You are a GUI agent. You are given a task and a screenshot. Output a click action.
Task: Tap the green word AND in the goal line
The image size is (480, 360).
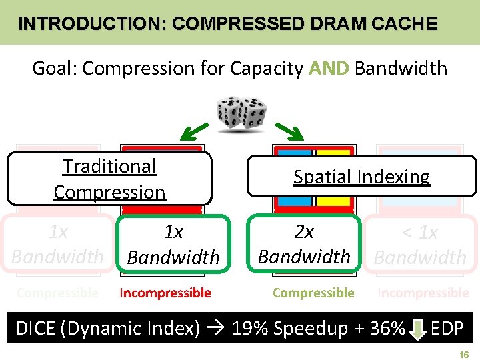[329, 68]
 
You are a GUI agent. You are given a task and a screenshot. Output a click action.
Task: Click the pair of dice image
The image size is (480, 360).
[241, 115]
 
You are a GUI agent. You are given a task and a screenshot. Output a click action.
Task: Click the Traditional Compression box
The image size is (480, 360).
[109, 179]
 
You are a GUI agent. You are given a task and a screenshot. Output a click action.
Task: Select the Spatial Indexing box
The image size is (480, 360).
[361, 177]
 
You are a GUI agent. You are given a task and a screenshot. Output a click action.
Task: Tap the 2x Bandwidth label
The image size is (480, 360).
[304, 244]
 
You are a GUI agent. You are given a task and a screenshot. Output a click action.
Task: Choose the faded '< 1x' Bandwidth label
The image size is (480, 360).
[420, 245]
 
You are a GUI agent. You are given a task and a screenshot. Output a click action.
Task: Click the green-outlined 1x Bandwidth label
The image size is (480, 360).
[173, 244]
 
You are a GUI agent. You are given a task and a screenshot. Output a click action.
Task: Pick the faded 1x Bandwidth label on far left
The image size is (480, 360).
[58, 244]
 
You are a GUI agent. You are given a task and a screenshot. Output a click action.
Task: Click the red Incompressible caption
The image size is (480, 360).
[165, 293]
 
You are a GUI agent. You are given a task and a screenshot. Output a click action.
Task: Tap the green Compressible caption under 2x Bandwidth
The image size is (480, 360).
[313, 293]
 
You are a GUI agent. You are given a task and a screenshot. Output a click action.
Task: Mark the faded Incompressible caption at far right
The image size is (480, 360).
[423, 293]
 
